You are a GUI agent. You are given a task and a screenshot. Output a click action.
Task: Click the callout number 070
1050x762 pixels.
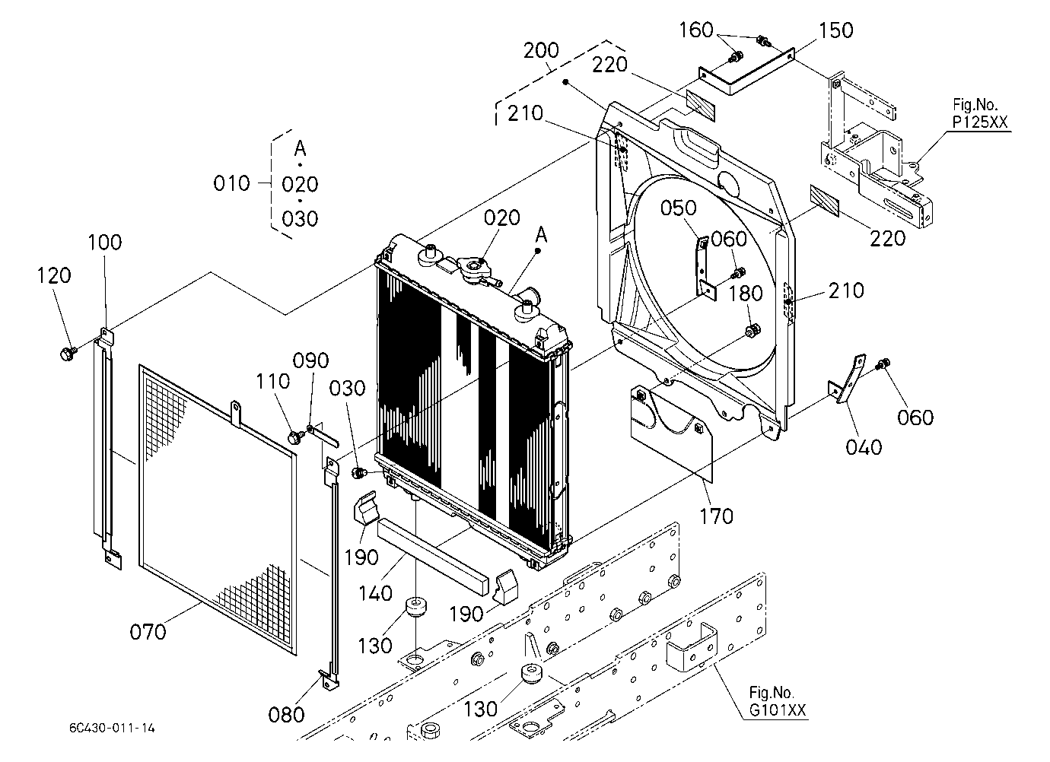click(x=148, y=632)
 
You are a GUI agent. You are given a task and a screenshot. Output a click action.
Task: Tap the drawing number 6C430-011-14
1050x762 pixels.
click(x=112, y=728)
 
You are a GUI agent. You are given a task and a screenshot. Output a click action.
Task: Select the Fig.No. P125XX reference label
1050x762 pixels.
click(x=980, y=113)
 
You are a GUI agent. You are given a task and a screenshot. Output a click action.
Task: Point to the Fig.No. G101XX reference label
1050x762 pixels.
click(x=778, y=701)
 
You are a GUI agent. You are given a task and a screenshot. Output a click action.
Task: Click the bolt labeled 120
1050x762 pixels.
click(x=68, y=354)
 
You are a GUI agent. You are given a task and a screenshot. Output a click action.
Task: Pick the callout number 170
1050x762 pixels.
click(x=716, y=516)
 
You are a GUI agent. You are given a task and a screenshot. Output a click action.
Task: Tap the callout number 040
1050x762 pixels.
click(x=864, y=447)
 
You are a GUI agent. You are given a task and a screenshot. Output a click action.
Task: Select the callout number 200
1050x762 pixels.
click(x=541, y=50)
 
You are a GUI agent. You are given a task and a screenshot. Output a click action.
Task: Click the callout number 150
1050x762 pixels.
click(x=835, y=30)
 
